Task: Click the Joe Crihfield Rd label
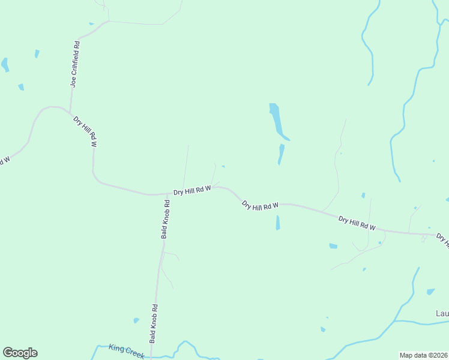point(75,65)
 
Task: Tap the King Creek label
point(127,351)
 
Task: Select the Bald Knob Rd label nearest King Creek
point(154,323)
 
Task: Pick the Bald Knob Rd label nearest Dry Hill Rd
point(166,219)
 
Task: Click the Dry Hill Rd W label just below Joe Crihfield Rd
point(85,131)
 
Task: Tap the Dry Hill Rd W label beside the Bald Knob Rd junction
point(192,190)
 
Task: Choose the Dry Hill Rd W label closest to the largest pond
point(261,205)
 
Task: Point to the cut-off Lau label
point(442,314)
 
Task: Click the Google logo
point(20,353)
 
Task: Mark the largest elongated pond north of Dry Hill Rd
point(277,121)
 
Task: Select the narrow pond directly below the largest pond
point(281,154)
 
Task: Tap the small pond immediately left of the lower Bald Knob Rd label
point(136,320)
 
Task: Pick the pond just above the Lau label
point(430,292)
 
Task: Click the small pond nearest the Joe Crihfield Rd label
point(37,53)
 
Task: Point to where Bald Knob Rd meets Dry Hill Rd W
point(166,194)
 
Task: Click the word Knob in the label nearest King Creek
point(154,319)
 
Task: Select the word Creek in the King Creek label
point(134,353)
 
